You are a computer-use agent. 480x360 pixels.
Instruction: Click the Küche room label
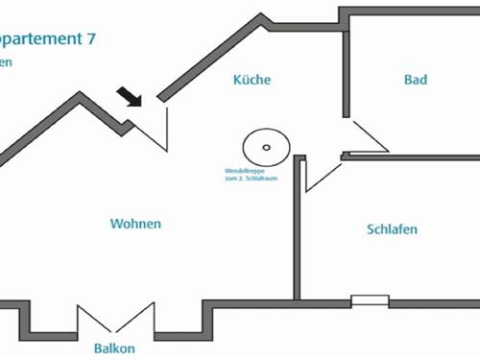point(252,81)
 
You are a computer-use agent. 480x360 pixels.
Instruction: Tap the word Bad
point(415,81)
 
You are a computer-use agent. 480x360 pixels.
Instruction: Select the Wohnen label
point(135,224)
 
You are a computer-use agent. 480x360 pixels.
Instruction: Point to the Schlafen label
point(393,229)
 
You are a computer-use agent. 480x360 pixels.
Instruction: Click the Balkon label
point(113,348)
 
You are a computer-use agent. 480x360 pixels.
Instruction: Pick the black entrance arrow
point(129,97)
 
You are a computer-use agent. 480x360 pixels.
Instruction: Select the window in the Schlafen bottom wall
point(370,301)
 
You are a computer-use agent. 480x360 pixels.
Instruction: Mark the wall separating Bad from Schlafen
point(413,156)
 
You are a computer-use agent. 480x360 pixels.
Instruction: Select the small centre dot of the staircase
point(267,148)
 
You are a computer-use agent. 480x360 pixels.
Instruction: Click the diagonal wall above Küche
point(211,58)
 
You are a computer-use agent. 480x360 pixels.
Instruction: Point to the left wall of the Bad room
point(344,67)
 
